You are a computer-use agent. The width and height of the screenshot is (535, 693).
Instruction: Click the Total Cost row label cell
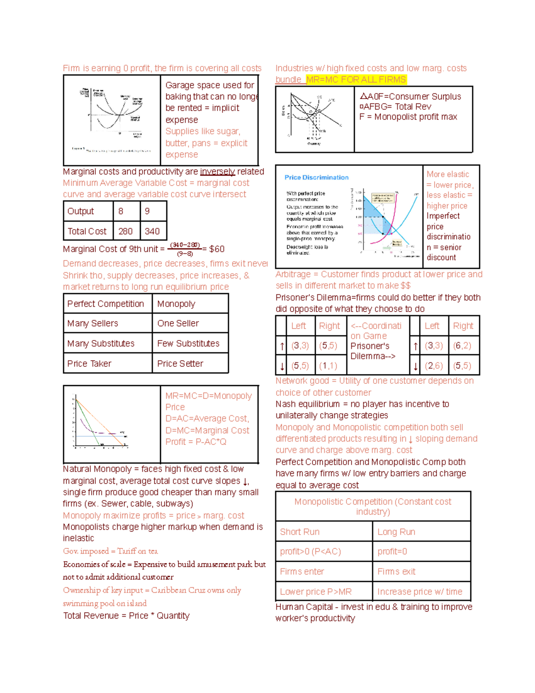click(87, 231)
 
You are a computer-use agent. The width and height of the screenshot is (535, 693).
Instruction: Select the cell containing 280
click(126, 231)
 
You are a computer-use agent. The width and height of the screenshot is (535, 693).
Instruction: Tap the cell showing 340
click(152, 231)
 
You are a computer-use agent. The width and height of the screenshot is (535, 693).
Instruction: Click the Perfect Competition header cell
click(106, 304)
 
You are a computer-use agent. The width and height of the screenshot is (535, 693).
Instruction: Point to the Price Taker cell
click(90, 364)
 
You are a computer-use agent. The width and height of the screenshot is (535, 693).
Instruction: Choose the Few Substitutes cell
click(189, 344)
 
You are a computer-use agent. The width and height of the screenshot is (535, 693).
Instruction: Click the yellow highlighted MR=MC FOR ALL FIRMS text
click(356, 79)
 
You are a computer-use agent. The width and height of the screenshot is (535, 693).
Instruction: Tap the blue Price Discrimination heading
click(317, 178)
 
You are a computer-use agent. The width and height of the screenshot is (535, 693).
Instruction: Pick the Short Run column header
click(300, 532)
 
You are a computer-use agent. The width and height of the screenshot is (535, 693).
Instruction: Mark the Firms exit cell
click(396, 572)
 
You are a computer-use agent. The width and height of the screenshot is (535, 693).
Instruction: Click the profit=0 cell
click(392, 552)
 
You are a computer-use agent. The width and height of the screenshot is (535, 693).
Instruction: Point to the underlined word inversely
click(218, 172)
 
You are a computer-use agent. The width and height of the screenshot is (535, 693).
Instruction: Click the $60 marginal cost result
click(217, 249)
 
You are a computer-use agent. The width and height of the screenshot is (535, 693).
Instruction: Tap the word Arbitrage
click(293, 274)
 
